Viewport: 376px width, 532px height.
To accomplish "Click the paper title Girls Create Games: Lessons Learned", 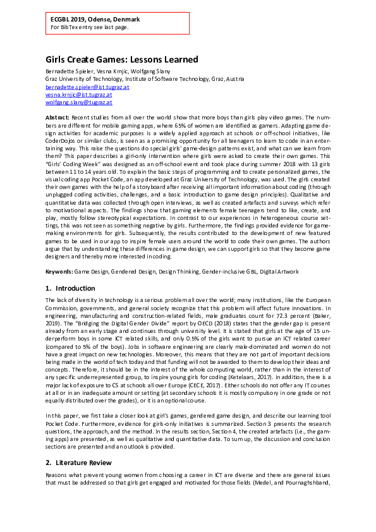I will (121, 60).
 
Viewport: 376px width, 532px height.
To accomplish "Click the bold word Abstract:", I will (58, 118).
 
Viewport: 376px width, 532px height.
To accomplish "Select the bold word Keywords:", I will (59, 271).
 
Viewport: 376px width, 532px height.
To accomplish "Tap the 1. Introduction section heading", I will (70, 289).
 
